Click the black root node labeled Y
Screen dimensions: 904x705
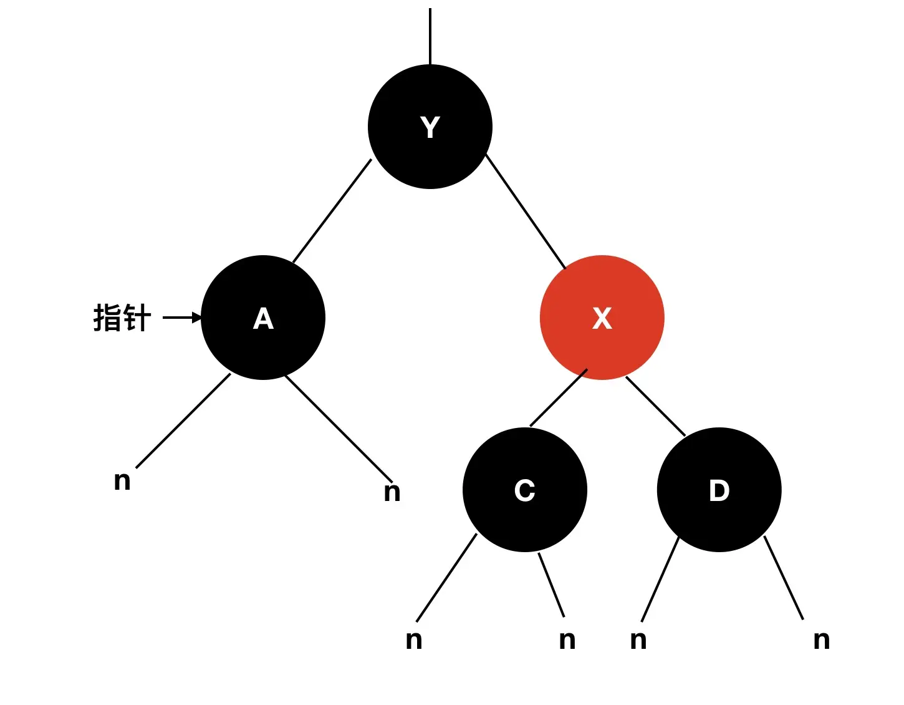(x=430, y=127)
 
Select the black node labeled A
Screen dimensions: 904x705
(x=263, y=318)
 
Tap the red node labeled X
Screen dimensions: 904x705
(x=602, y=318)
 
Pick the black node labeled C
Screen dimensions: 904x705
(x=524, y=490)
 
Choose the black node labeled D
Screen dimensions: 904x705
(x=719, y=490)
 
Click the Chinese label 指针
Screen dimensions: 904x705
(x=122, y=318)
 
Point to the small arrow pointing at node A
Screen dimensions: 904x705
(x=182, y=318)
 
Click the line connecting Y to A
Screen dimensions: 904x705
(x=332, y=211)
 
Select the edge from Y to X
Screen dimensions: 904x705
(x=526, y=212)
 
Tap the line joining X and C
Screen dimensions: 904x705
(x=558, y=397)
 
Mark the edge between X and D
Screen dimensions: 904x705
(x=655, y=406)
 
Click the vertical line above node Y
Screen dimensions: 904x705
(x=430, y=36)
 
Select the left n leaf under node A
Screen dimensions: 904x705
(x=122, y=480)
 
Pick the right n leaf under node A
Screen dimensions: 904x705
(x=392, y=492)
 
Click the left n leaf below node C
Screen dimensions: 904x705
(x=413, y=640)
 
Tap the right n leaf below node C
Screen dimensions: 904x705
(x=567, y=640)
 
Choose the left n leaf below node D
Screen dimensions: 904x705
(x=638, y=640)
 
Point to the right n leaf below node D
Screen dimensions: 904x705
(x=821, y=640)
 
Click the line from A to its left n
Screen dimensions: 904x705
(x=183, y=421)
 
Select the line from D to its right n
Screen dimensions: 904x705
(x=784, y=578)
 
